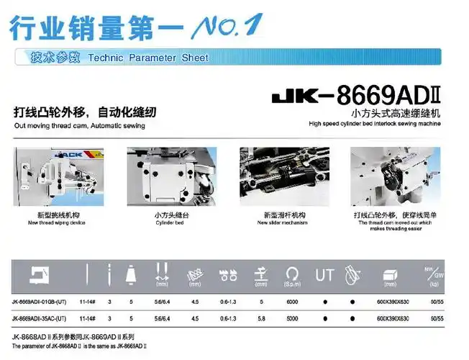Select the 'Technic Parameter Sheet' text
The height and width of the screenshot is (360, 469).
(x=147, y=58)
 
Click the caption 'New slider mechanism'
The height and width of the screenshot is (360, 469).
(x=283, y=222)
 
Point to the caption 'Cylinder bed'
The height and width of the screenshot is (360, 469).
(x=170, y=222)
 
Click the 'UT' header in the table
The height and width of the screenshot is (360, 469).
(x=324, y=274)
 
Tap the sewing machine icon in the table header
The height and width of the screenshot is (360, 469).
(x=37, y=274)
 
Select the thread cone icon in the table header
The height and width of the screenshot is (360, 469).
(x=131, y=274)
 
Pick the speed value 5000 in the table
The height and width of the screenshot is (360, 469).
(x=291, y=318)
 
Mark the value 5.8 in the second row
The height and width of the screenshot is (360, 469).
(x=261, y=318)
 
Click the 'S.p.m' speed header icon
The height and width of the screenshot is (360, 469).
(x=291, y=276)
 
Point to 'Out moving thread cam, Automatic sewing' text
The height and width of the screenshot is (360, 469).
(x=79, y=126)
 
